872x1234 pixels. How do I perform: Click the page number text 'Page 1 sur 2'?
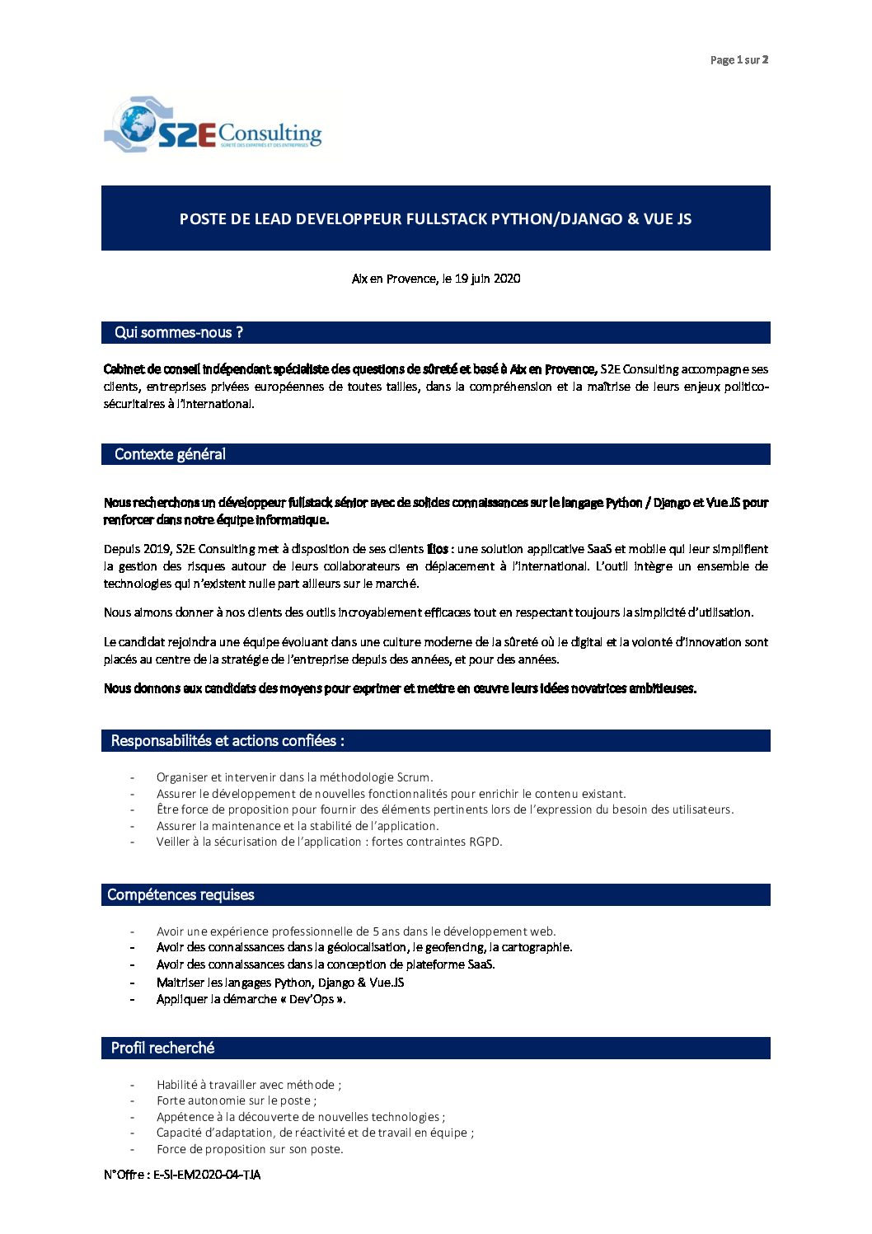pyautogui.click(x=738, y=60)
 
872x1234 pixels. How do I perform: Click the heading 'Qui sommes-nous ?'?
pyautogui.click(x=179, y=333)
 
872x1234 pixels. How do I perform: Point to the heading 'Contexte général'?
pyautogui.click(x=170, y=454)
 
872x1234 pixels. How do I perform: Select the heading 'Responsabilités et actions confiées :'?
pyautogui.click(x=227, y=741)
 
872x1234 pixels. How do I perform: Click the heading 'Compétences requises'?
pyautogui.click(x=180, y=895)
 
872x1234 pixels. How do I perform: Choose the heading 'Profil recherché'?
pyautogui.click(x=162, y=1049)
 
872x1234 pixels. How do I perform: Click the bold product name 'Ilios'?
pyautogui.click(x=438, y=549)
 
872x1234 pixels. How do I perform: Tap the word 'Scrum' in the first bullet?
pyautogui.click(x=414, y=777)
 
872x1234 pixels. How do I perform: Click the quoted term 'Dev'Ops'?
pyautogui.click(x=312, y=999)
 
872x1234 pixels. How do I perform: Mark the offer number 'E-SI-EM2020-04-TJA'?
pyautogui.click(x=207, y=1175)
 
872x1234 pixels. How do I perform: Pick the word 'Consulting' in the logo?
pyautogui.click(x=270, y=132)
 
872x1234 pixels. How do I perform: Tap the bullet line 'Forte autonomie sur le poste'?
pyautogui.click(x=235, y=1100)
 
